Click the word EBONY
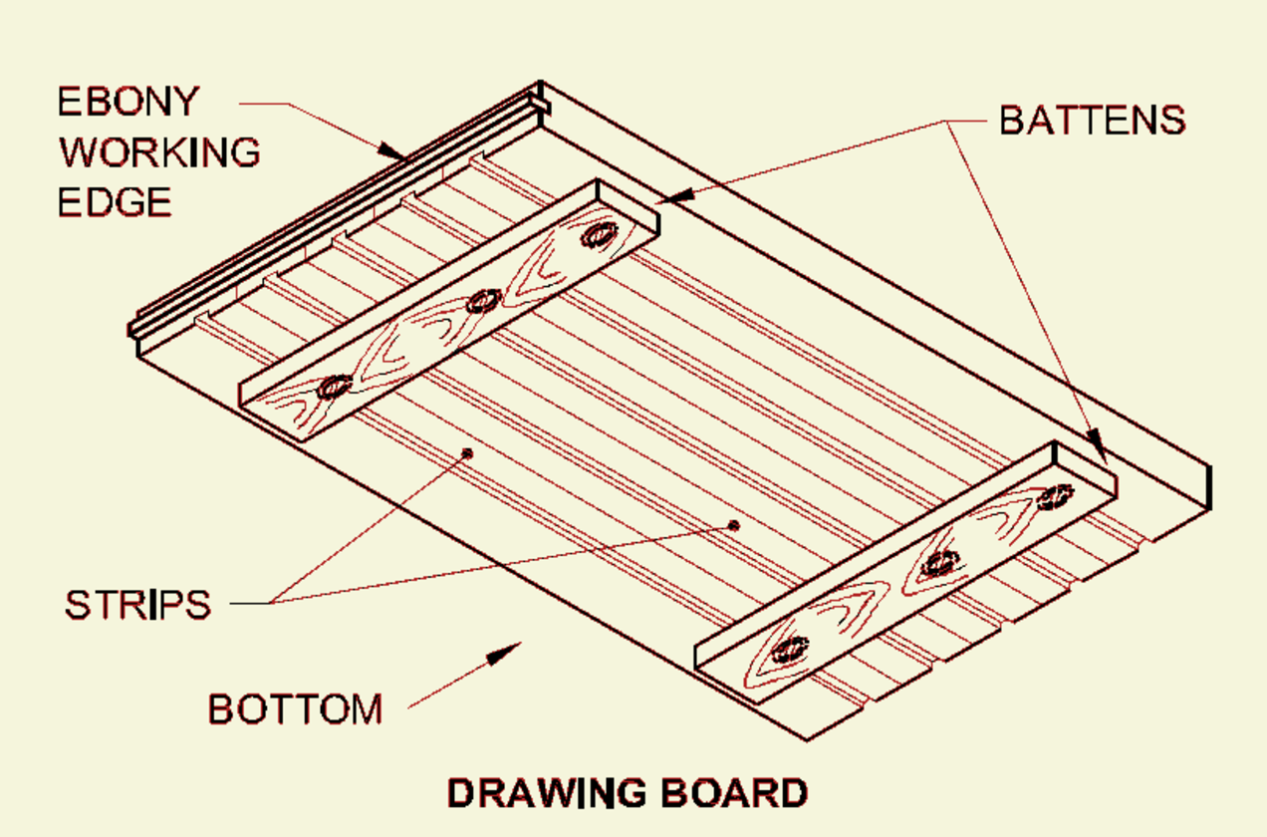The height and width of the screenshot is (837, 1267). (127, 102)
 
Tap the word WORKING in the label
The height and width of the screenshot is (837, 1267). (159, 152)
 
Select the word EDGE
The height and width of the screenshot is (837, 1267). (114, 202)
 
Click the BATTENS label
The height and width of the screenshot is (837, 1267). (1092, 120)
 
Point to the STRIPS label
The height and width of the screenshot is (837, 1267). (137, 604)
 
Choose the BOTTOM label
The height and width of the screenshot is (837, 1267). (295, 709)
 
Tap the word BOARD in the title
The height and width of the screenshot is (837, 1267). (733, 793)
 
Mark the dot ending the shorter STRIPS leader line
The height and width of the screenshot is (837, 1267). (466, 453)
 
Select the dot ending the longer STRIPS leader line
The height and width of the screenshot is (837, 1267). (734, 525)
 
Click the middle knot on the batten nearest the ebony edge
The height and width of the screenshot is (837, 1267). (484, 300)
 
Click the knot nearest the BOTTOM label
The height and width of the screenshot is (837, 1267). (791, 650)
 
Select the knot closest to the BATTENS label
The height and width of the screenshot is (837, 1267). (1054, 496)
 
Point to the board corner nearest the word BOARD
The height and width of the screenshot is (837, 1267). (805, 739)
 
